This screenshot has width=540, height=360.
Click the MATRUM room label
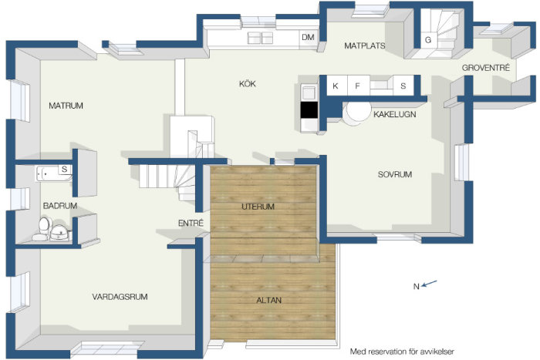click(x=66, y=106)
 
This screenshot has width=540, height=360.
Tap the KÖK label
click(x=248, y=83)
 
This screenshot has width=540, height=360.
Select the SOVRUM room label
click(x=395, y=174)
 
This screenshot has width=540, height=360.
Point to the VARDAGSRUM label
click(x=120, y=297)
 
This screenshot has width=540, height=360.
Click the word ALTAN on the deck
click(x=269, y=301)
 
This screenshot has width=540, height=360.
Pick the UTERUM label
click(x=258, y=207)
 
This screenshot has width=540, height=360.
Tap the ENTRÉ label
click(x=191, y=223)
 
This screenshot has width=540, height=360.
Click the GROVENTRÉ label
click(x=485, y=68)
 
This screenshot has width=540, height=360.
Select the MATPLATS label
click(x=365, y=45)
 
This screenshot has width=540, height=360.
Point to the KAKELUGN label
click(x=395, y=114)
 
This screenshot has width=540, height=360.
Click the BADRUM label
click(x=60, y=206)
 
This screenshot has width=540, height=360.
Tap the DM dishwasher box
click(x=308, y=37)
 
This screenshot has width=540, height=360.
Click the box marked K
click(x=336, y=86)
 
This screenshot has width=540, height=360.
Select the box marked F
click(x=358, y=86)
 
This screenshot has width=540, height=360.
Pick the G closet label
click(x=428, y=40)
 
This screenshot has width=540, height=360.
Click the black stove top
click(x=309, y=110)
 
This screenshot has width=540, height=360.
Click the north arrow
click(x=429, y=284)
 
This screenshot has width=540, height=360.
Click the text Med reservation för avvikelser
click(x=402, y=352)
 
